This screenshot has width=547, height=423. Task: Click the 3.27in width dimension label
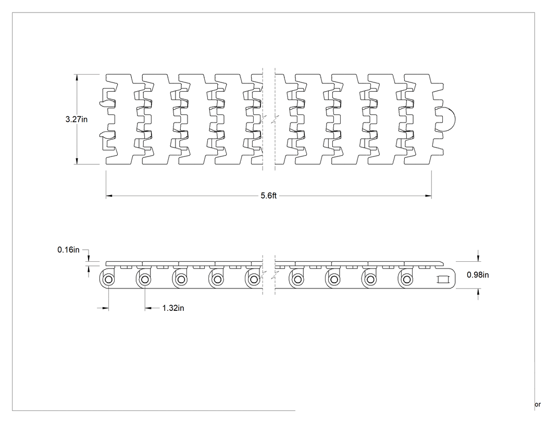[77, 119]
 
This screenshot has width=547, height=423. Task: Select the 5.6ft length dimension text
[269, 196]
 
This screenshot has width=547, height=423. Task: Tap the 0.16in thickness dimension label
[68, 250]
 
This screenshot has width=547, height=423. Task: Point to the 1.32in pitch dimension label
[173, 308]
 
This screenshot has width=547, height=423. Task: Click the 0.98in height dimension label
[478, 275]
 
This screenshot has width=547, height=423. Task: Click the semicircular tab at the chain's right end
[450, 119]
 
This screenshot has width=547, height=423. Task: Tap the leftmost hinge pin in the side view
[108, 280]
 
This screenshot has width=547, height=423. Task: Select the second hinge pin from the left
[144, 280]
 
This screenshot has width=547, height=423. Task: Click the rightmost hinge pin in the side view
[406, 280]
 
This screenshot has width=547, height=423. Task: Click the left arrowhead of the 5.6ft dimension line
[109, 196]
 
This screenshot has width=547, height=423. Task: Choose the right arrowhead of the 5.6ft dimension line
[428, 196]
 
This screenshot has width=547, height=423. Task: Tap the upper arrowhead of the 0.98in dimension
[478, 258]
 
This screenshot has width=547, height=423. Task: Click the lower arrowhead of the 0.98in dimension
[478, 293]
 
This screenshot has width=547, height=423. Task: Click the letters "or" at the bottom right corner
[538, 405]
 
